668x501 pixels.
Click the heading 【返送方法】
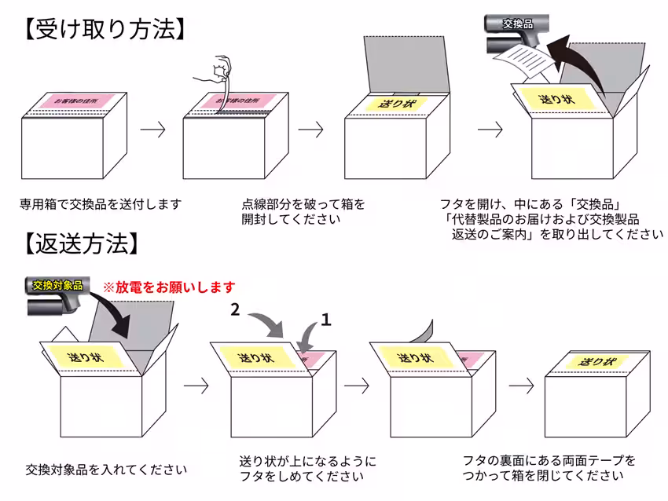pos(79,244)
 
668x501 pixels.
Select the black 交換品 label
pos(518,24)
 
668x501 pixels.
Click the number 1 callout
pos(327,319)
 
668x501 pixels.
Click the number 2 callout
pos(235,310)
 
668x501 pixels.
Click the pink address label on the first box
pos(79,101)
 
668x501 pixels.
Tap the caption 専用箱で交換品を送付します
pos(101,204)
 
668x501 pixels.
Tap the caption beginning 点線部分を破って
pos(303,211)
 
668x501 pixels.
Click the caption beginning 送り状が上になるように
pos(307,468)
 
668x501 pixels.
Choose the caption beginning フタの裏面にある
pos(549,467)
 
